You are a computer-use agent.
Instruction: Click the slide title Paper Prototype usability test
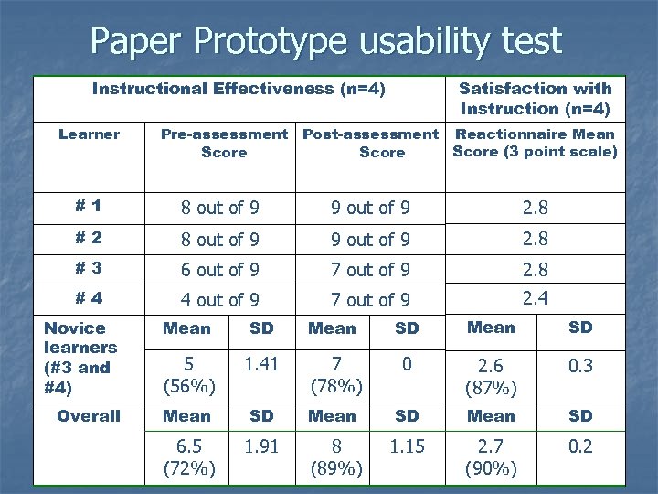pyautogui.click(x=325, y=40)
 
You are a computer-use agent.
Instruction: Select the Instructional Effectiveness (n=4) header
pyautogui.click(x=239, y=89)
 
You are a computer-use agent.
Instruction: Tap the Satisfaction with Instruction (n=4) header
pyautogui.click(x=535, y=98)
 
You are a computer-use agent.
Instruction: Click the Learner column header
pyautogui.click(x=89, y=134)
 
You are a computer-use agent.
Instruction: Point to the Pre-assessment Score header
pyautogui.click(x=224, y=143)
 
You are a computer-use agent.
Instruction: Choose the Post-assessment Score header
pyautogui.click(x=370, y=143)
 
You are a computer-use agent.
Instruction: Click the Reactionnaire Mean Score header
pyautogui.click(x=535, y=143)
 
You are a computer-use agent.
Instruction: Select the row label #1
pyautogui.click(x=89, y=207)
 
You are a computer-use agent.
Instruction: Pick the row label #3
pyautogui.click(x=89, y=269)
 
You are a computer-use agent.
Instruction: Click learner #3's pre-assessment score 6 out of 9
pyautogui.click(x=219, y=270)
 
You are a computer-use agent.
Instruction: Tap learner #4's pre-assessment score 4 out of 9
pyautogui.click(x=219, y=300)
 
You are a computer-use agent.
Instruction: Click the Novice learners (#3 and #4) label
pyautogui.click(x=80, y=358)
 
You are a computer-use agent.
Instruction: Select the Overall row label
pyautogui.click(x=89, y=416)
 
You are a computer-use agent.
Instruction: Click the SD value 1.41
pyautogui.click(x=261, y=365)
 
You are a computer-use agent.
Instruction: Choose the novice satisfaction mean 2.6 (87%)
pyautogui.click(x=491, y=377)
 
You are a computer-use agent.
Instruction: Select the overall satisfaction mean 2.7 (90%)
pyautogui.click(x=491, y=458)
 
